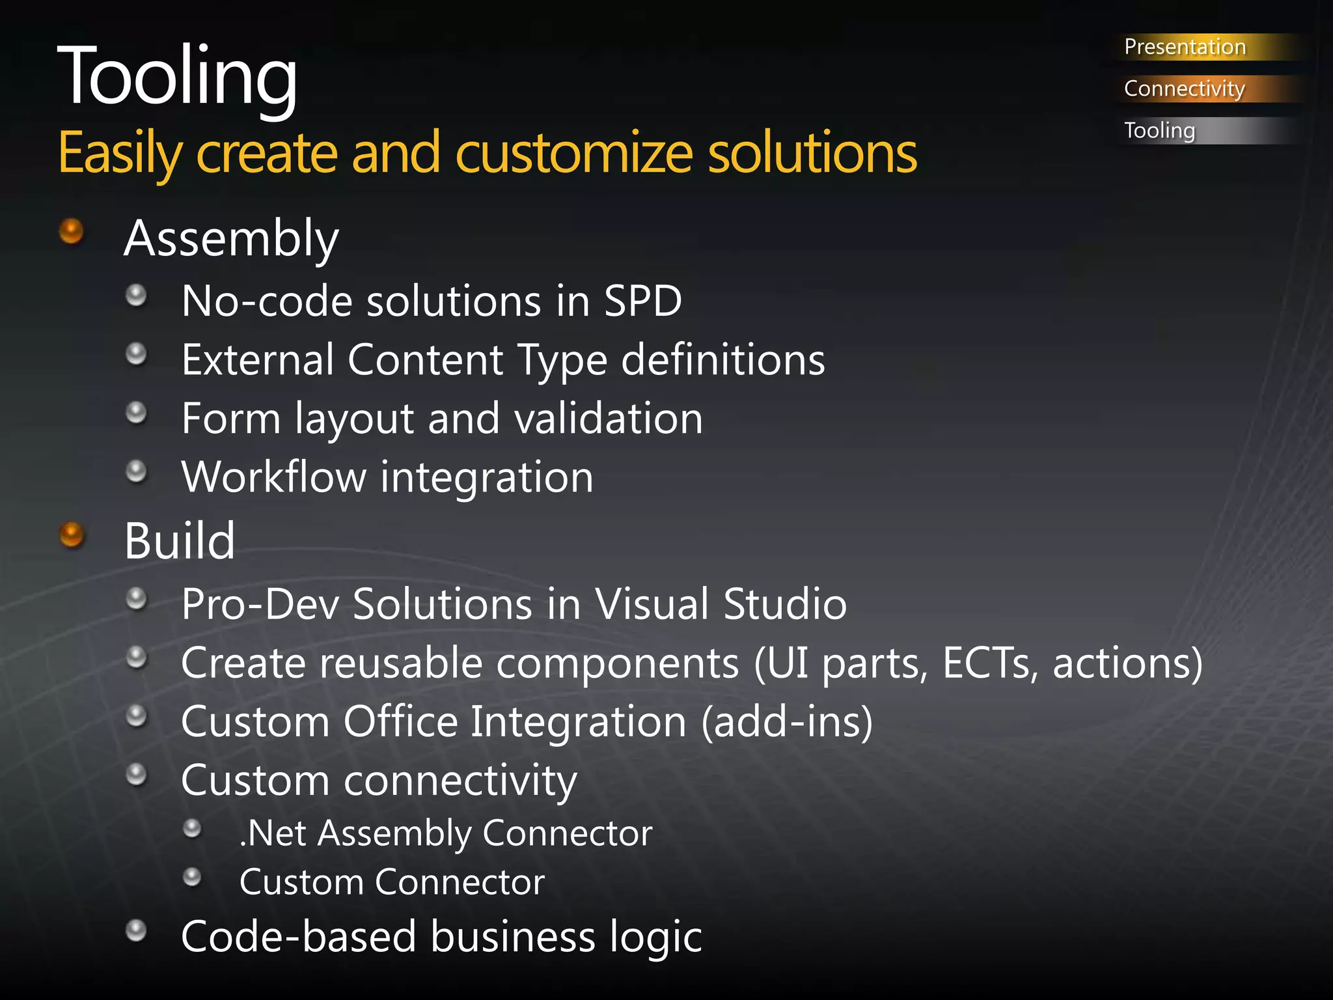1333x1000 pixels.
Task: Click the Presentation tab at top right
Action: (1185, 47)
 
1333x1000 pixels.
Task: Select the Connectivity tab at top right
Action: (1185, 89)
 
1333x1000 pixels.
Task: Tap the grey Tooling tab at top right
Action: (1160, 130)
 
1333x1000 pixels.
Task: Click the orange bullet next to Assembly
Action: (72, 231)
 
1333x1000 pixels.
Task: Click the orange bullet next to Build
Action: (72, 535)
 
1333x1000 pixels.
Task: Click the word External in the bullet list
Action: (257, 360)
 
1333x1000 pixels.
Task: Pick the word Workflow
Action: (273, 477)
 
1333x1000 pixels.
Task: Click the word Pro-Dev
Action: (260, 604)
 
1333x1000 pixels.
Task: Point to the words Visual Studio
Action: (721, 604)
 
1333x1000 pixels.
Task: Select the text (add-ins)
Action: (788, 722)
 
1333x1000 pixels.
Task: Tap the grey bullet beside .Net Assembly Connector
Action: (192, 829)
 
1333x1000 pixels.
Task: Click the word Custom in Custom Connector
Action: (301, 882)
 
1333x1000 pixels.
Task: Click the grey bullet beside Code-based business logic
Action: (136, 930)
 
